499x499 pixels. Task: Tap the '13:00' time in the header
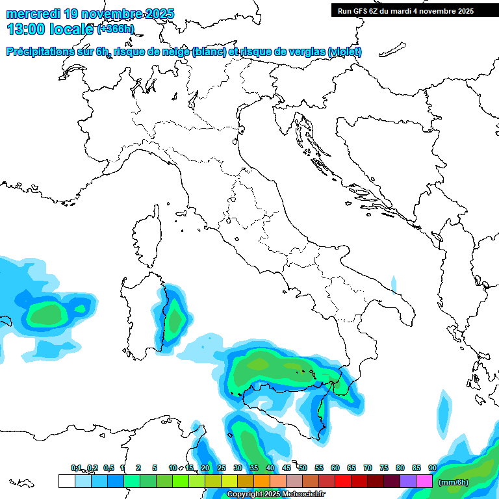[26, 29]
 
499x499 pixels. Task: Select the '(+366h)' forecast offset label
[116, 29]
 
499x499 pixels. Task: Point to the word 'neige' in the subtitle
[175, 52]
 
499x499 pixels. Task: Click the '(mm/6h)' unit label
[454, 482]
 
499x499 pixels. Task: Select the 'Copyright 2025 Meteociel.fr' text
[275, 494]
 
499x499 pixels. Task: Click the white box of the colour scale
[66, 481]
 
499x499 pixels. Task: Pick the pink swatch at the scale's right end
[424, 481]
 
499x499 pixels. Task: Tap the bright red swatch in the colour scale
[343, 481]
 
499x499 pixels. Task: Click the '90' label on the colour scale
[433, 468]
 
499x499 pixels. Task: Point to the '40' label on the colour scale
[270, 468]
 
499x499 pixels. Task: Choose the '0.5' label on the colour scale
[109, 468]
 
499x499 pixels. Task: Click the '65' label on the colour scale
[352, 468]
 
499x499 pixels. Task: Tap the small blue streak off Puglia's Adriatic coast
[394, 284]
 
